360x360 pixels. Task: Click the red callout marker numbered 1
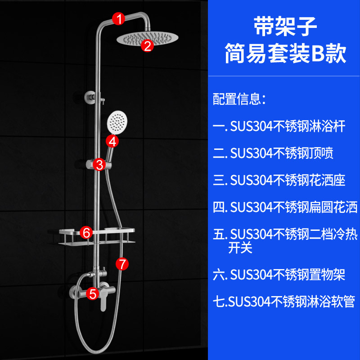click(119, 19)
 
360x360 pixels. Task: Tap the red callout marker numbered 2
click(148, 45)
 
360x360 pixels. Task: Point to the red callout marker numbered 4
click(112, 141)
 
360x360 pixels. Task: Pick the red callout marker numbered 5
click(93, 294)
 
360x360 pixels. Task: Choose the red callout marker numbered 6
click(87, 232)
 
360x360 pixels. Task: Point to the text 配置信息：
click(239, 99)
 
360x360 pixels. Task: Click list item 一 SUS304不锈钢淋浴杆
click(279, 126)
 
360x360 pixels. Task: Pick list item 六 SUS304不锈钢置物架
click(279, 274)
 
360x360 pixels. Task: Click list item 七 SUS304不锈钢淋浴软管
click(284, 301)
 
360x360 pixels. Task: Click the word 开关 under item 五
click(240, 247)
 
